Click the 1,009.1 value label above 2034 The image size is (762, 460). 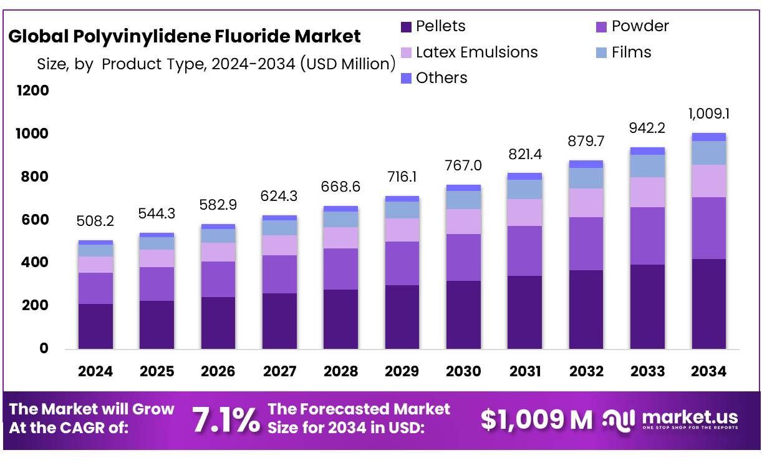point(709,114)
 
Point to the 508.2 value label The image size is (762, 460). point(95,221)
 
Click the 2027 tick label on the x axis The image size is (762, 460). point(279,371)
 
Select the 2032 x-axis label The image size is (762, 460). point(586,371)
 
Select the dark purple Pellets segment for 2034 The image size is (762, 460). point(709,304)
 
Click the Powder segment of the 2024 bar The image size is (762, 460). point(95,288)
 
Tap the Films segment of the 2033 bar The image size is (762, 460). point(648,165)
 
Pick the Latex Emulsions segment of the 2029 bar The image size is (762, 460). point(402,230)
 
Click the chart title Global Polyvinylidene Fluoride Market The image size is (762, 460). point(185,36)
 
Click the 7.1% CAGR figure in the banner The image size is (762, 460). point(226,420)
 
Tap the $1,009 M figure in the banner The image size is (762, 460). point(536,420)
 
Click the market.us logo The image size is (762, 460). point(672,419)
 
